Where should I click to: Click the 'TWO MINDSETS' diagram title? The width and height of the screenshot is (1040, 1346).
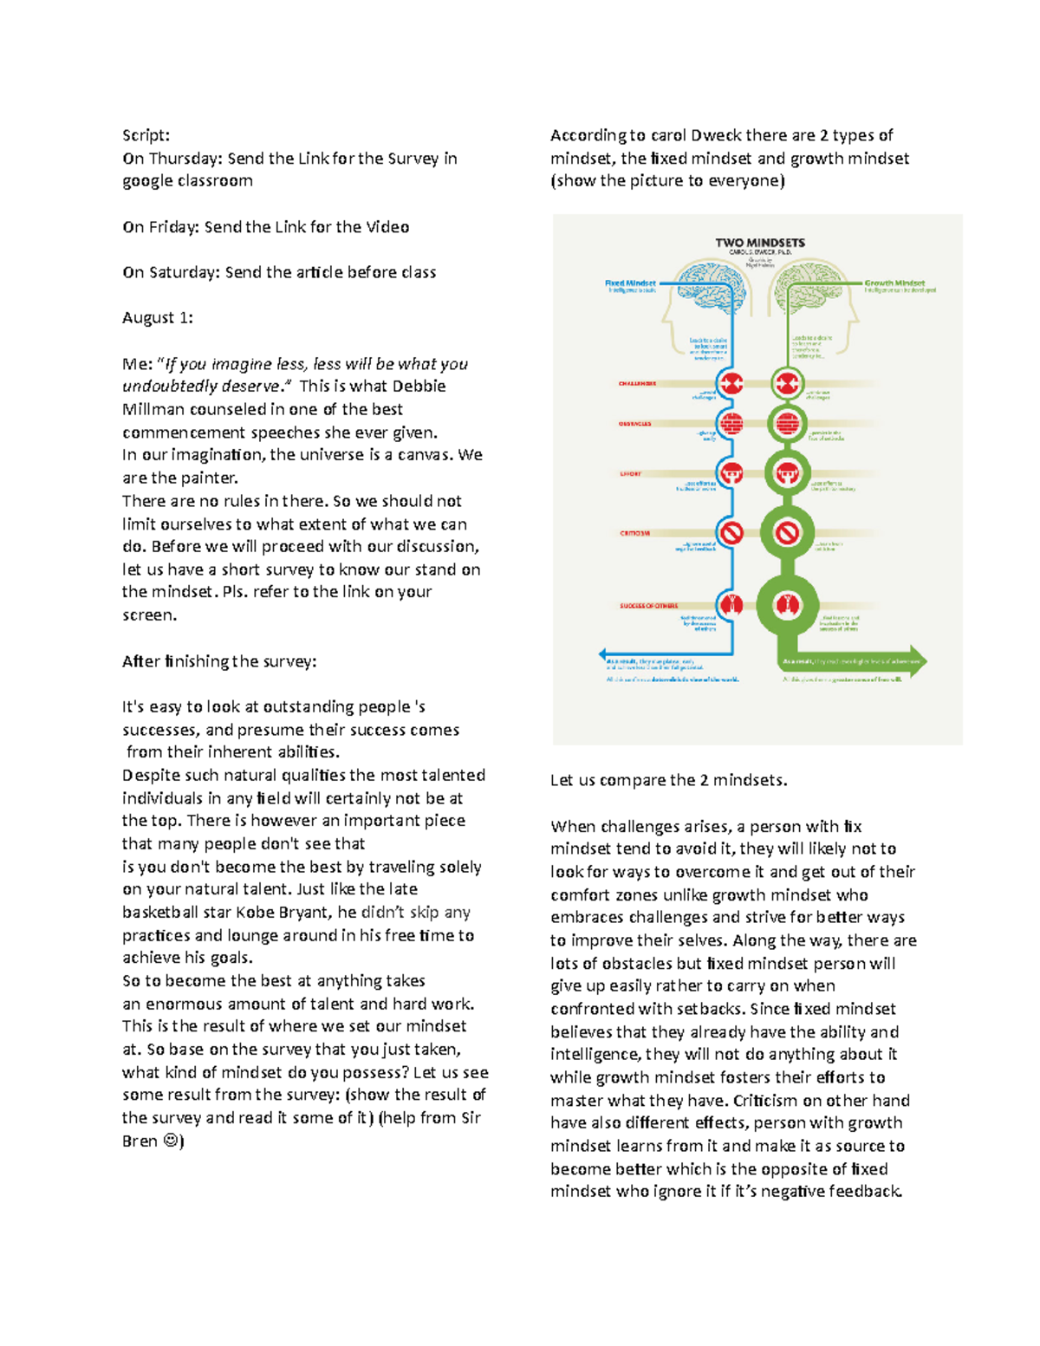759,243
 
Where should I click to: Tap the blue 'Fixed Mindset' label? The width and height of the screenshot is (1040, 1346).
630,283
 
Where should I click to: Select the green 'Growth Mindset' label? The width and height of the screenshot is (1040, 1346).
894,283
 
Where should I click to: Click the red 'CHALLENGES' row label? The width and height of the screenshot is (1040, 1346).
637,383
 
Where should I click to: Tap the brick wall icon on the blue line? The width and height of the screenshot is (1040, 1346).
732,425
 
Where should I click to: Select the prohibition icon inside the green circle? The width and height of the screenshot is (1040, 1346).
787,532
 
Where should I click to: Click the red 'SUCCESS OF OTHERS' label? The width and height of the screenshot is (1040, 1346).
648,606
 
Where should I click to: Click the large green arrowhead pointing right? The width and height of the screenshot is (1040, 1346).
914,661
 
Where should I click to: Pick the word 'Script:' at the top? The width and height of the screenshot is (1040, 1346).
146,135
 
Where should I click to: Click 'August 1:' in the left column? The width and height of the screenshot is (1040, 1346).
157,318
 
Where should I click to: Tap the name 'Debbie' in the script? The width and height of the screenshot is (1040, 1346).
419,387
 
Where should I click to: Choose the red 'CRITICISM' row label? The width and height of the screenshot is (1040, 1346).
634,533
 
